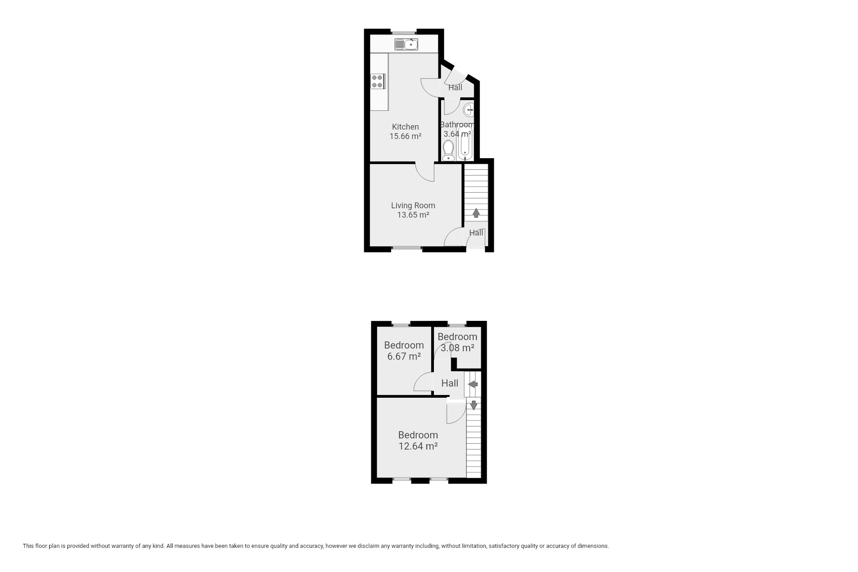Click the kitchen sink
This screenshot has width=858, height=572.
coord(406,44)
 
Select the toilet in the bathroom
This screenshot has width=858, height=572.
coord(448,151)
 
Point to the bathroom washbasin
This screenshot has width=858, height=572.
coord(468,109)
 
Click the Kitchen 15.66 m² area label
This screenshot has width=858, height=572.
coord(405,131)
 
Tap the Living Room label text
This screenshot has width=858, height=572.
coord(413,206)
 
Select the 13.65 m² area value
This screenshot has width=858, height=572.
coord(413,215)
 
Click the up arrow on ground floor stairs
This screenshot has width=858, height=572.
coord(476,213)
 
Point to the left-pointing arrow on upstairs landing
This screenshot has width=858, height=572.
coord(473,384)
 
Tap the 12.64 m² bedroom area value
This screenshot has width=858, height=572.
coord(418,446)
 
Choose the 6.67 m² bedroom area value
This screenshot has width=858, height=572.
coord(404,356)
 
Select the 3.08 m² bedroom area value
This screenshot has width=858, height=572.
coord(457,347)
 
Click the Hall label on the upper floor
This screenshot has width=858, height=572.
coord(450,383)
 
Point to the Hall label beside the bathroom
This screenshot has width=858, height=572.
coord(455,88)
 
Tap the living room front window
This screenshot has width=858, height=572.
coord(407,248)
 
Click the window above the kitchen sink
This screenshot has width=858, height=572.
coord(404,32)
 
